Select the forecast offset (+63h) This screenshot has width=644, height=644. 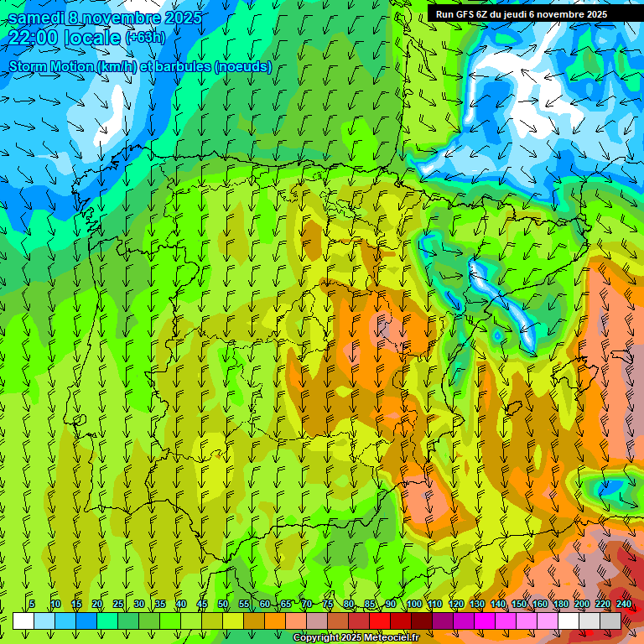(x=145, y=38)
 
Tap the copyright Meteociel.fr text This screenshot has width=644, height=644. (x=356, y=638)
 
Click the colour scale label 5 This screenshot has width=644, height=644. (x=32, y=604)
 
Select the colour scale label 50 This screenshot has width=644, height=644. (x=223, y=604)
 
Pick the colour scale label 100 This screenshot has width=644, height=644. (x=413, y=604)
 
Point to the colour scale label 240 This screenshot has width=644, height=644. (x=623, y=604)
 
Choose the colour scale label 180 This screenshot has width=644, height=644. (x=560, y=604)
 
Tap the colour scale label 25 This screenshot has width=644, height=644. (x=118, y=604)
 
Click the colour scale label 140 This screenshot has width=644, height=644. (x=497, y=604)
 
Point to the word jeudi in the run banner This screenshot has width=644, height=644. (x=510, y=13)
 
